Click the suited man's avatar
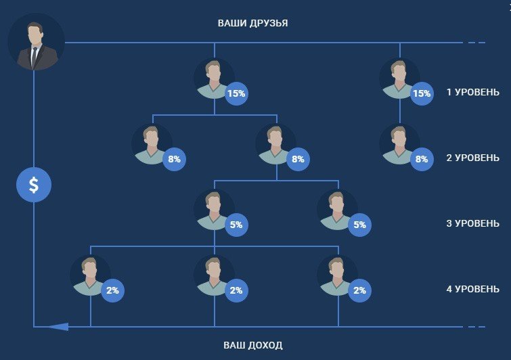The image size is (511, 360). coord(36,42)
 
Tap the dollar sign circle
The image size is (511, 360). coord(34,185)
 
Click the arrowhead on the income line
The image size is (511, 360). coord(59,326)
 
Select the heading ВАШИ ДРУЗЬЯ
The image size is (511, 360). coord(252,24)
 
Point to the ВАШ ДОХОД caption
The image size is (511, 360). coord(253,345)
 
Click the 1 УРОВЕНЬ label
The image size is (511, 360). coord(472,92)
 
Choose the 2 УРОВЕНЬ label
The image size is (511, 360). coord(472,158)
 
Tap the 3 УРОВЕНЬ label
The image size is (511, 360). coord(472,223)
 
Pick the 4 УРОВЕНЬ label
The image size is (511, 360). coord(472,289)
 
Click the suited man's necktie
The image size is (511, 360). coord(34,56)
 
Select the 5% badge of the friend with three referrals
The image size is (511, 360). coord(236,225)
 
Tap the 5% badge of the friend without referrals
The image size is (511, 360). coord(360,225)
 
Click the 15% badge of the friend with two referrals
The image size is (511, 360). coord(236,93)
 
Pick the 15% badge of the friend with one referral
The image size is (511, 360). coord(422,93)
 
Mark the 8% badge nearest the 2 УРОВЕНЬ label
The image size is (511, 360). coord(422,159)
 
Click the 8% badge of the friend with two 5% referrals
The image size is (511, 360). coord(298,159)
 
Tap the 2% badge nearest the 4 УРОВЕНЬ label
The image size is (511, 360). coord(360,290)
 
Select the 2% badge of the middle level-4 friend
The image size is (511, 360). coord(236,290)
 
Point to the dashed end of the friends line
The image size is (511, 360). coord(476,43)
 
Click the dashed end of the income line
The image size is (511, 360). coord(476,326)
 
